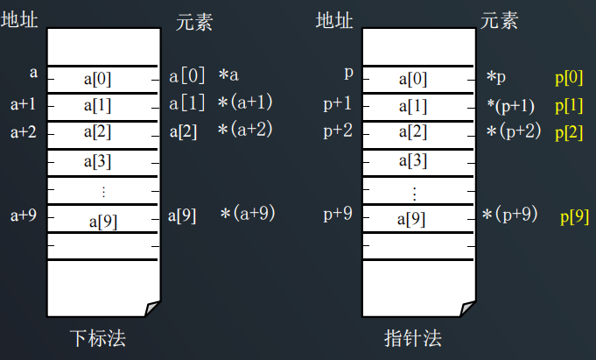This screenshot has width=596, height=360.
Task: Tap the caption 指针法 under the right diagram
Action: [x=413, y=337]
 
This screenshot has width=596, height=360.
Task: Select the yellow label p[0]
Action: [x=569, y=78]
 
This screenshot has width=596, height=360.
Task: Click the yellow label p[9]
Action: [x=574, y=216]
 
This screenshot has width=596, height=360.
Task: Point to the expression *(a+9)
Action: [x=248, y=213]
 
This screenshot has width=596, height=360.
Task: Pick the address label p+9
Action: [x=337, y=213]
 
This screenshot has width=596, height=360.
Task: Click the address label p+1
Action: [x=337, y=105]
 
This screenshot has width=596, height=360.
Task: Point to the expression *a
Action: [x=228, y=76]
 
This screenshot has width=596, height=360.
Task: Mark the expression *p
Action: [x=496, y=78]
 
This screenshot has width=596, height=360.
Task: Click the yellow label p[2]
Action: [x=569, y=133]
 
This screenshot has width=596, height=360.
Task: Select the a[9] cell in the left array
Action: [x=103, y=222]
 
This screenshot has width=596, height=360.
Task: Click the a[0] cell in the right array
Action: [x=413, y=79]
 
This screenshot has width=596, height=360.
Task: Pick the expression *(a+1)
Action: [x=246, y=103]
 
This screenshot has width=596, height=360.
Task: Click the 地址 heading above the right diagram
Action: [x=333, y=19]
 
